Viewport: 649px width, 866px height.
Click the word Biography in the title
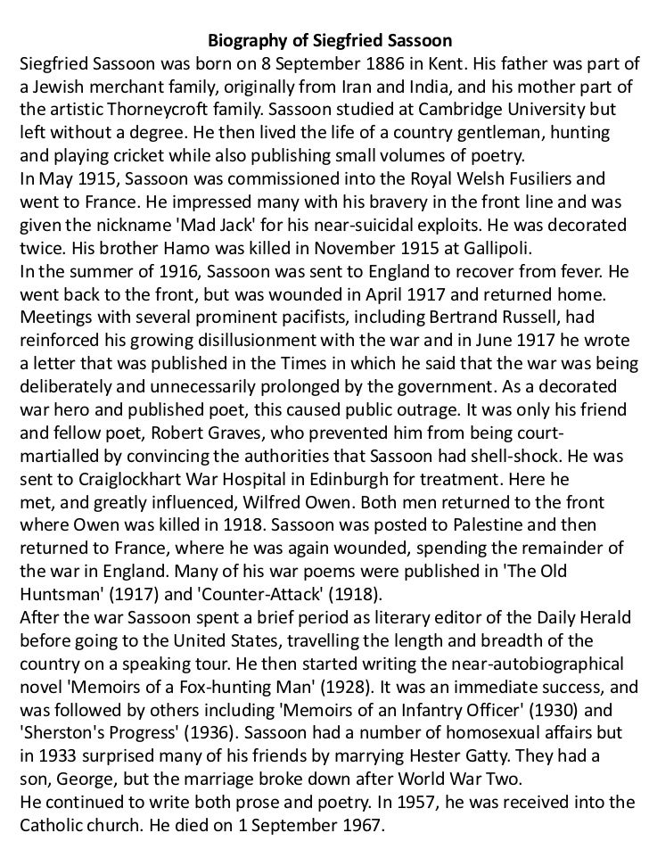[245, 41]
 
